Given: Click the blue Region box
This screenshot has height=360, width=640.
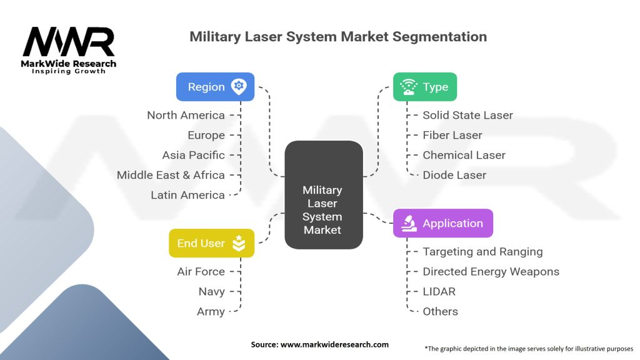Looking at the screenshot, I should pos(215,87).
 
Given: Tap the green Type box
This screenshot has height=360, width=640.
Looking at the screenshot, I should pos(424,87).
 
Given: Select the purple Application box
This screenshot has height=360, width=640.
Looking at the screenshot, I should pos(442,223).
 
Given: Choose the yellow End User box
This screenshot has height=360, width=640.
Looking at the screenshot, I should pos(211,243).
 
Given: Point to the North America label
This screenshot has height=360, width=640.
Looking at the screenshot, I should pos(186,115).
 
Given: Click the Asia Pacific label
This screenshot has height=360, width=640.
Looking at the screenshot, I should pos(193,155).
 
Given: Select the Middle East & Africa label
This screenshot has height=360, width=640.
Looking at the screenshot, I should pos(171,175).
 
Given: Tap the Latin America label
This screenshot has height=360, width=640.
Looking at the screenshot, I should pos(187,195).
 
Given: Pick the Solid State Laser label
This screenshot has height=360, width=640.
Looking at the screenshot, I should pos(467,115).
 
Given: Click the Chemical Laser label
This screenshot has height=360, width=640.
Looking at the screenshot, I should pos(464,155).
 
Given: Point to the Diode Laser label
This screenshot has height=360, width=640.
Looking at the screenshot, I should pos(454,175).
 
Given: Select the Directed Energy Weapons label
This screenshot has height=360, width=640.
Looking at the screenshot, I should pos(491,271).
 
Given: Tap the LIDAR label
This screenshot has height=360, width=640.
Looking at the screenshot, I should pos(439,291).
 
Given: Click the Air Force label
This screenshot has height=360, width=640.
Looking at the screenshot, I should pos(201,271).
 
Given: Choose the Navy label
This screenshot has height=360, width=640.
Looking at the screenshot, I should pos(211,291).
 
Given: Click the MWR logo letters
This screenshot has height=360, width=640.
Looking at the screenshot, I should pos(69,42).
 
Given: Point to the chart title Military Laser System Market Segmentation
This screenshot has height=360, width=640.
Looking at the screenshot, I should pos(338,36).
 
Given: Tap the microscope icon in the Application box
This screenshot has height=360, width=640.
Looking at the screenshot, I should pos(409,223).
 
